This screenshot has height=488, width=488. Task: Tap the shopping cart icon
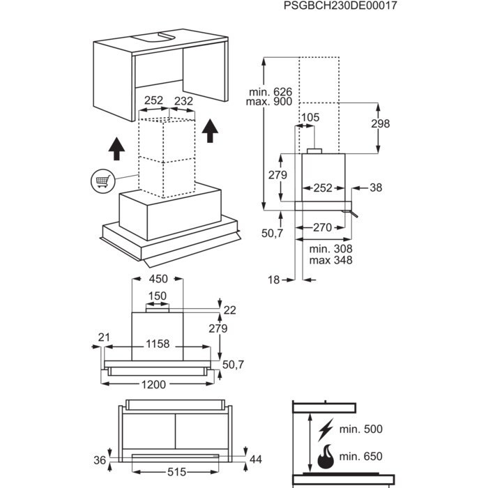(x=102, y=181)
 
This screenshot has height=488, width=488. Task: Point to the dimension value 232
(x=183, y=101)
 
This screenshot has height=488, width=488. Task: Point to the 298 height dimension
(x=381, y=124)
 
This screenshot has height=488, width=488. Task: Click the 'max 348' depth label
(x=331, y=260)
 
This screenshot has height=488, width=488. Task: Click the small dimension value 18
(x=273, y=280)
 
